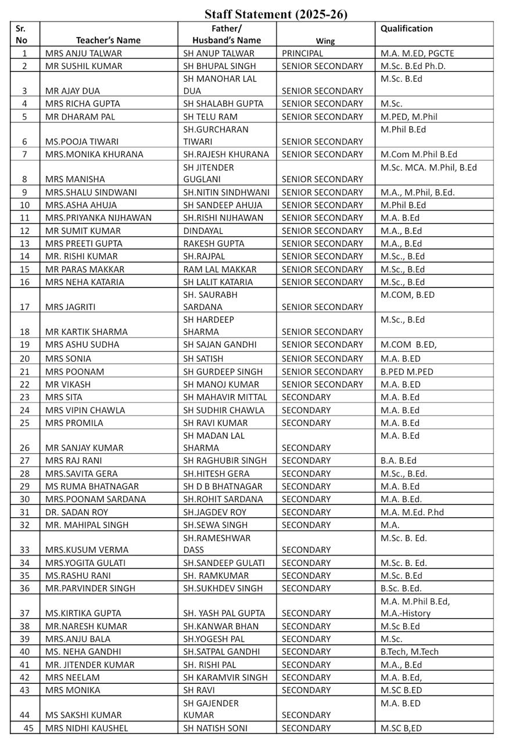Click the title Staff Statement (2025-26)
275,14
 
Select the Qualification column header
406,28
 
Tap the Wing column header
325,41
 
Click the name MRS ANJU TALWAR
84,53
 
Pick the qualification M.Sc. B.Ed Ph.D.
413,66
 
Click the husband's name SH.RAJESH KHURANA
226,154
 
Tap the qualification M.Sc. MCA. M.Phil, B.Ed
428,168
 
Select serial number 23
24,398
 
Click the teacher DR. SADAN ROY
77,513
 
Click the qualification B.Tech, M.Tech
410,652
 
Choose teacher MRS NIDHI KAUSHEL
87,728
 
